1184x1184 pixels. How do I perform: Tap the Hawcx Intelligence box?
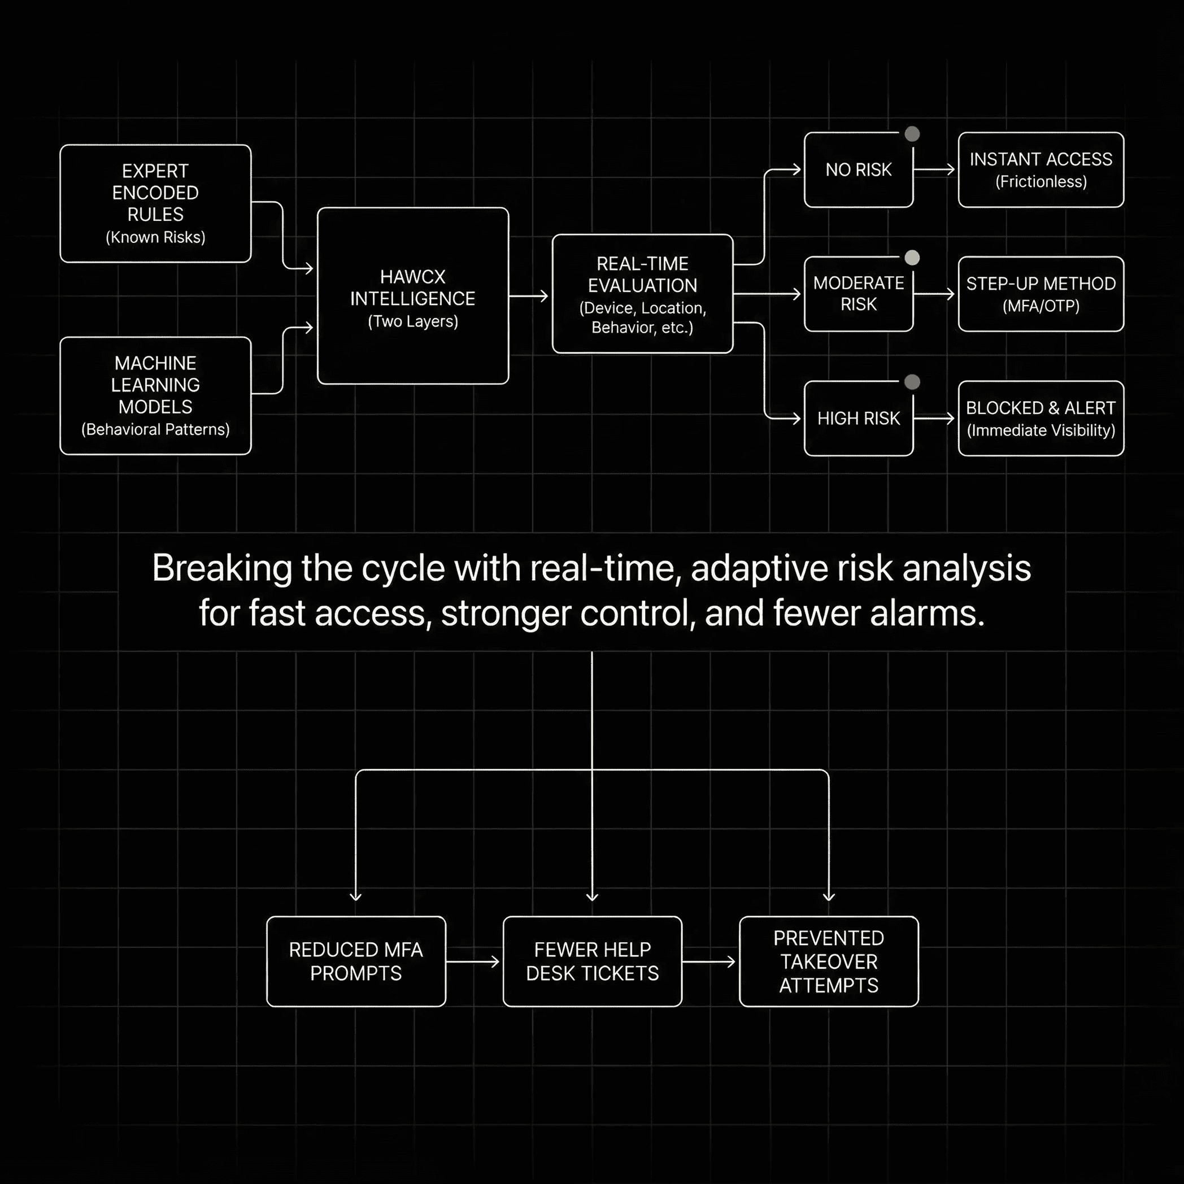pos(412,296)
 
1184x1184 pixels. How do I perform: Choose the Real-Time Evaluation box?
pos(642,294)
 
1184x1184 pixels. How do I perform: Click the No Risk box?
pos(858,170)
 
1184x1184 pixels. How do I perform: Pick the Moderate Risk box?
pos(858,294)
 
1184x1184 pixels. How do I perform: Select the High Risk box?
pos(858,419)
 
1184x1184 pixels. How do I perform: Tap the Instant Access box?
pos(1041,170)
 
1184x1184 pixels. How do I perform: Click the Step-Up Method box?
pos(1041,294)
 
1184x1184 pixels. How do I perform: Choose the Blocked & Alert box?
pos(1041,419)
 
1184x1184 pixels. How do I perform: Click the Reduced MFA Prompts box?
pos(356,961)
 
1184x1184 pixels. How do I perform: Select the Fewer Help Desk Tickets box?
pos(592,961)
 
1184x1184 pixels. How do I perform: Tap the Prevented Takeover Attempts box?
pos(829,961)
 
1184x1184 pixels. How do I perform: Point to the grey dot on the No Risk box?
pos(912,134)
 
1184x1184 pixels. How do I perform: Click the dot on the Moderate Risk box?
pos(912,258)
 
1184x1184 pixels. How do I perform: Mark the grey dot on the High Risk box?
pos(912,382)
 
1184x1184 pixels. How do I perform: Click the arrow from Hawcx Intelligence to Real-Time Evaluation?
pos(528,297)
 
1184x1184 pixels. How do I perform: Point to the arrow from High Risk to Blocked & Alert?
pos(934,419)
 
